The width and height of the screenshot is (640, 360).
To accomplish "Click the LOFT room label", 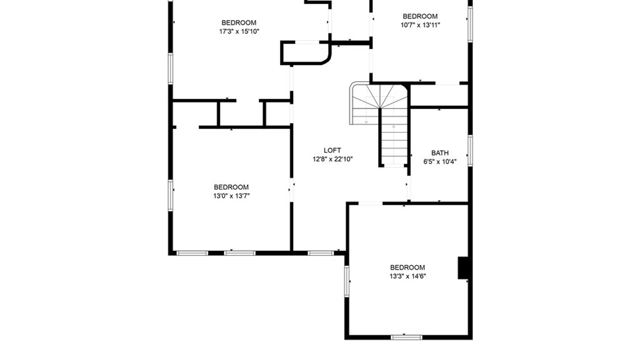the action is coord(332,150).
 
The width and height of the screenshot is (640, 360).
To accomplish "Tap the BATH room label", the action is coord(440,153).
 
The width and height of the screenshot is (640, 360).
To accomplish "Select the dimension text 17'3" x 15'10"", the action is coord(239,31).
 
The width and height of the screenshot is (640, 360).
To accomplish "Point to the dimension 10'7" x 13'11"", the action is coord(420,25).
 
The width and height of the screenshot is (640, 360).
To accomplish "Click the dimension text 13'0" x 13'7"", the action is coord(231,196).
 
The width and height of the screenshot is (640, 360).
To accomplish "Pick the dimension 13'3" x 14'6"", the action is coord(408,276).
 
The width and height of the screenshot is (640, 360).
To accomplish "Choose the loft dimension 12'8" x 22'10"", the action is coord(333,159).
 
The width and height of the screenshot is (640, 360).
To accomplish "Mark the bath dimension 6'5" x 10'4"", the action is coord(440,162).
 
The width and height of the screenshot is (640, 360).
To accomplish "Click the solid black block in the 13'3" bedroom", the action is coord(463,268).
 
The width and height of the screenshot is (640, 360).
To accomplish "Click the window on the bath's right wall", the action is coord(470,151).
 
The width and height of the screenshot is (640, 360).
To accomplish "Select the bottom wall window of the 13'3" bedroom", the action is coord(406,337).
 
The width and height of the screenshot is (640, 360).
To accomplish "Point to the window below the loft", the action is coord(321,253).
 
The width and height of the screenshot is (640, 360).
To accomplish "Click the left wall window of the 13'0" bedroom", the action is coord(171,195).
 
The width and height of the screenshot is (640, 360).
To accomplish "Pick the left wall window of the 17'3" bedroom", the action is coord(171,69).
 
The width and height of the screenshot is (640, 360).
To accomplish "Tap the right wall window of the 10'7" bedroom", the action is coord(470,24).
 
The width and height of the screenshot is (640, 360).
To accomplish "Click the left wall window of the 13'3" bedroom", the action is coord(347,281).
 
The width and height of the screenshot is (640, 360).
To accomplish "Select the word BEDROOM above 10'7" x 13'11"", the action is coord(420,16).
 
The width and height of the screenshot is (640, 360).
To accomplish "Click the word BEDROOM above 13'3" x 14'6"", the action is coord(407,267).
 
